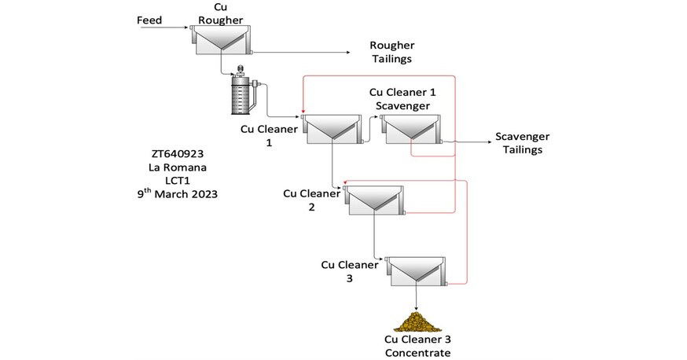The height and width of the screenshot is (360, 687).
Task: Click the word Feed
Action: click(x=149, y=20)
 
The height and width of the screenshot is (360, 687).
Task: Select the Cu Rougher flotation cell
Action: click(x=221, y=39)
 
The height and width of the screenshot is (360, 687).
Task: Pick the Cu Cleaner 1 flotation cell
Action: click(x=332, y=129)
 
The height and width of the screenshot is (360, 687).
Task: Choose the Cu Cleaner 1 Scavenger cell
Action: click(x=411, y=129)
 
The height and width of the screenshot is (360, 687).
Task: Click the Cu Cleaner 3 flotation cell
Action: click(x=417, y=270)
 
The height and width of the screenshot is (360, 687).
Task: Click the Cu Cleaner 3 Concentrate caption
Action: click(x=417, y=346)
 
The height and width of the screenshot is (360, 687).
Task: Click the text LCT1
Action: click(x=177, y=180)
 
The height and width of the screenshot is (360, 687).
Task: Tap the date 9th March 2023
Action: click(x=177, y=194)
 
